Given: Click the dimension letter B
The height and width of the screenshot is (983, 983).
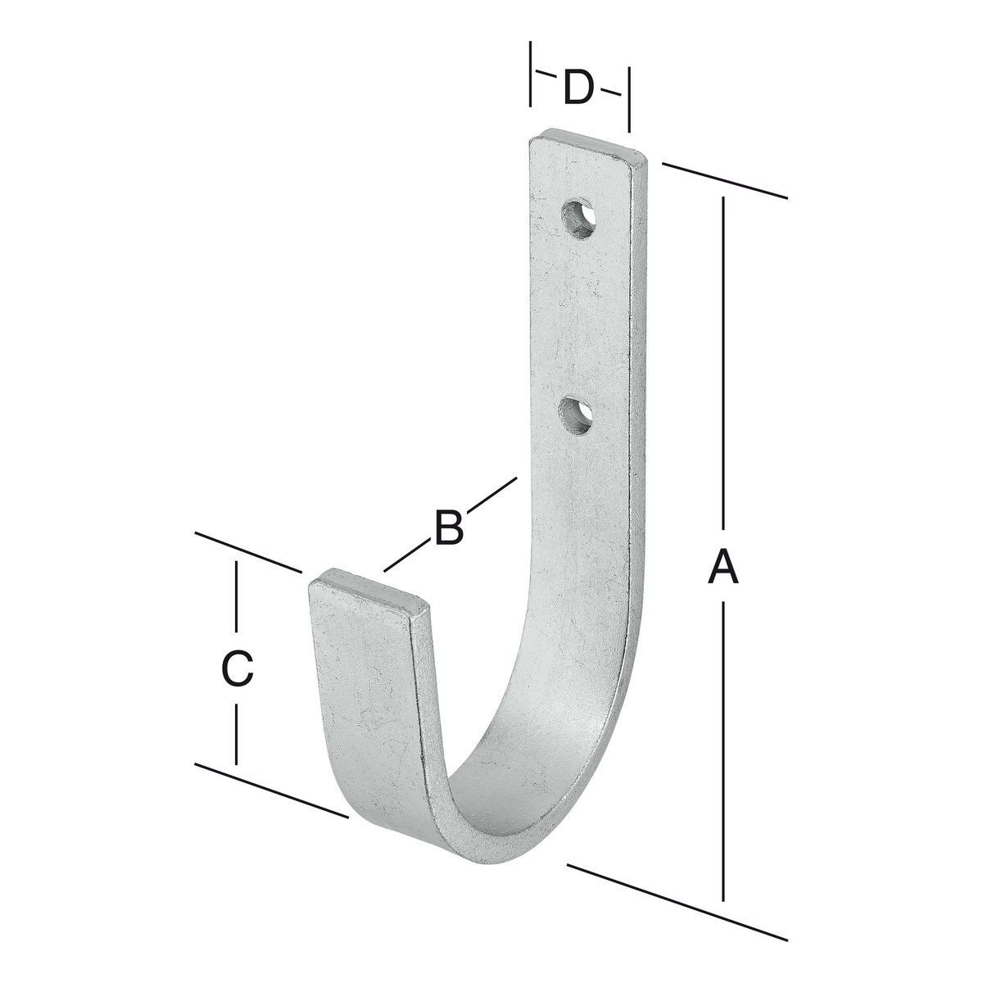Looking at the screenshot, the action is pos(450,525).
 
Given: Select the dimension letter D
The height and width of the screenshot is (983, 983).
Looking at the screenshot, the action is pos(579,87).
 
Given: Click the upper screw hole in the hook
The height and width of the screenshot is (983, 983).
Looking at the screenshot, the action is pos(579,218).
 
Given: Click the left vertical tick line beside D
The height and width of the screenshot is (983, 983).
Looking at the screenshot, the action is pos(531,74).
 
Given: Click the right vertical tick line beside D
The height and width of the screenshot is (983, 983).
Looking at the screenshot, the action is pos(629,99).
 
